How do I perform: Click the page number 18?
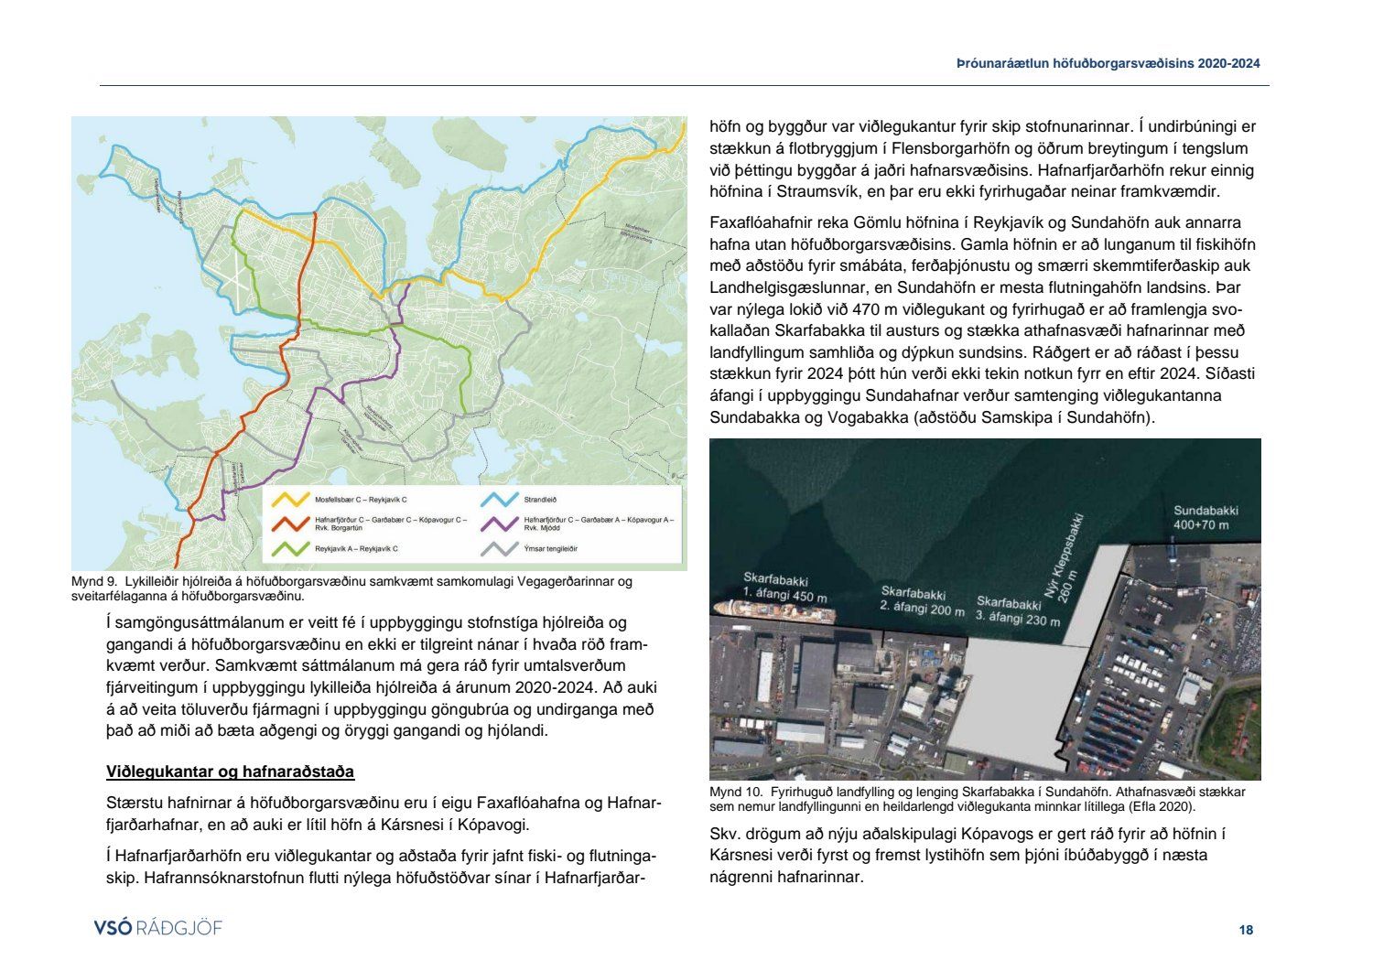pos(1246,930)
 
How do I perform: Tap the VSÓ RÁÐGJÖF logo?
pos(157,928)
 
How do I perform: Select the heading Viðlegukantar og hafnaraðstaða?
pos(230,771)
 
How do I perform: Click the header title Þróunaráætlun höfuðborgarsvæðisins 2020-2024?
pos(1108,63)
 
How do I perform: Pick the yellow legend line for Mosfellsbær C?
pos(293,500)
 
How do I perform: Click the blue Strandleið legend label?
pos(540,500)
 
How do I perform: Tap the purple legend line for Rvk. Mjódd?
pos(501,523)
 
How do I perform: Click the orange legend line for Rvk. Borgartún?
pos(293,523)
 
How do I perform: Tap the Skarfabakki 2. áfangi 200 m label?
pos(922,601)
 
